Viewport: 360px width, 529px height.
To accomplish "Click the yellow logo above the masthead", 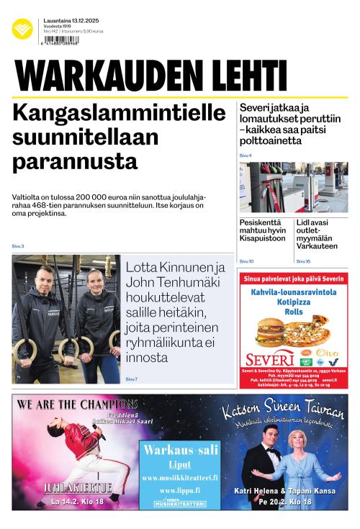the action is pos(22,29).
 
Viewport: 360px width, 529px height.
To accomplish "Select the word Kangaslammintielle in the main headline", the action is pos(119,113).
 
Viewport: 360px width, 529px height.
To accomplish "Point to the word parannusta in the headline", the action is pos(76,158).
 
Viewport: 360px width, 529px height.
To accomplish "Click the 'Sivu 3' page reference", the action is pos(18,246).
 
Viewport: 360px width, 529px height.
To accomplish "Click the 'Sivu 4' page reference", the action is pos(246,155).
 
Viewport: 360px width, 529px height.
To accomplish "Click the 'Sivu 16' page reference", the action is pos(303,261).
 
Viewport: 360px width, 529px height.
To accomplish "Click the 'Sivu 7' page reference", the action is pos(131,379).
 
